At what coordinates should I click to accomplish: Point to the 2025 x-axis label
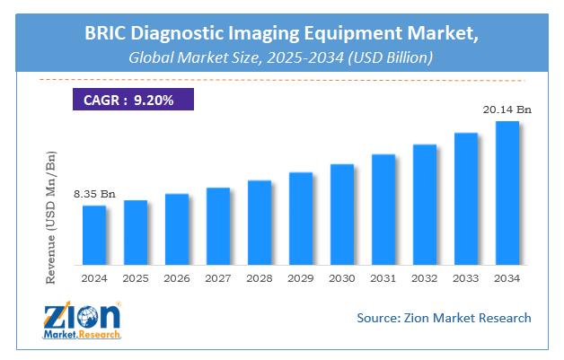[136, 278]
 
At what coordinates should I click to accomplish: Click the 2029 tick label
[301, 278]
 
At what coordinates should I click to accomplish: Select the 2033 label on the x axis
[466, 278]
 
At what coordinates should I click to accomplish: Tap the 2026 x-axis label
[177, 278]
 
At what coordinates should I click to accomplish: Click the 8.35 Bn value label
[95, 194]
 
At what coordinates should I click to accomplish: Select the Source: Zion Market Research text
[444, 318]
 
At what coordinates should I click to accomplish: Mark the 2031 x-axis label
[383, 278]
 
